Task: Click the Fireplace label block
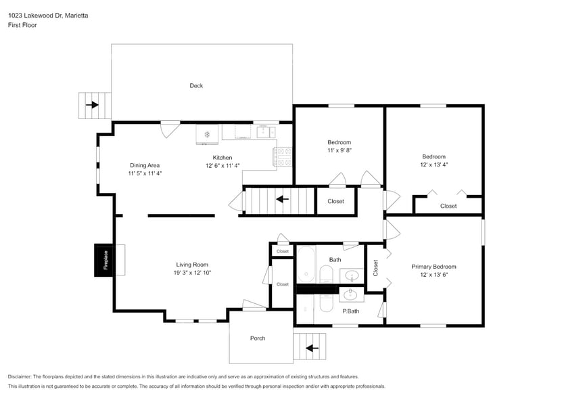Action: click(105, 260)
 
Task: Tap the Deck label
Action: click(196, 86)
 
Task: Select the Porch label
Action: click(258, 338)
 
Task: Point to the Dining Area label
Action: click(145, 165)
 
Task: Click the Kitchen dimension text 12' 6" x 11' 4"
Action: click(223, 165)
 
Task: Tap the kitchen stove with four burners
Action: click(283, 157)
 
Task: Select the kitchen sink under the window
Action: click(262, 131)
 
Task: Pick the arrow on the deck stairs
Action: click(91, 105)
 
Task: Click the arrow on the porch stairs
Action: click(312, 348)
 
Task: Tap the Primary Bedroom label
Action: click(434, 267)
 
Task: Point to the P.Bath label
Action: click(350, 311)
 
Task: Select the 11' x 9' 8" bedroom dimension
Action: click(339, 150)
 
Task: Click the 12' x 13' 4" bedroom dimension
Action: click(434, 164)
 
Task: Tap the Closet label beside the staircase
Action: click(335, 201)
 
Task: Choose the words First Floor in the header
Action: click(22, 25)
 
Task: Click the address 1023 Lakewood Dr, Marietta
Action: click(47, 15)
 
